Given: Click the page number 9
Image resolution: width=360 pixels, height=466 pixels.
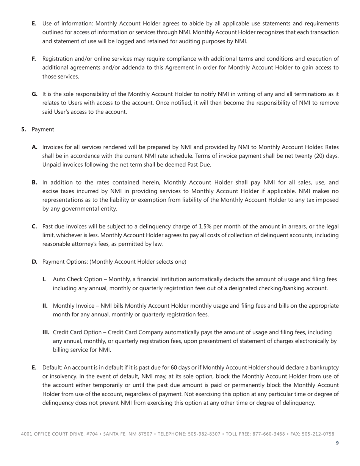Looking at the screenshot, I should [337, 443].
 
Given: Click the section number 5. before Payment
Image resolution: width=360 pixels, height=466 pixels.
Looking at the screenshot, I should [24, 129].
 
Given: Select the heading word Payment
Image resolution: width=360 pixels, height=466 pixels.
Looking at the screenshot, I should [43, 129].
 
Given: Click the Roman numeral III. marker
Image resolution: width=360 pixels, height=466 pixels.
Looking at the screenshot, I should [46, 332].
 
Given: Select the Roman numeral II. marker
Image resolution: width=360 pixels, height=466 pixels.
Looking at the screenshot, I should [45, 306].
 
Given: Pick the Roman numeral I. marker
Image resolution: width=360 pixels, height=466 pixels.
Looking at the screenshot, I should [44, 279].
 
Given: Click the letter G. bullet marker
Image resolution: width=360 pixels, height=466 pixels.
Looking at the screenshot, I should [34, 94].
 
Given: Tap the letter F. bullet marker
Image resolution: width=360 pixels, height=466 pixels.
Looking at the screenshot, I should [34, 59].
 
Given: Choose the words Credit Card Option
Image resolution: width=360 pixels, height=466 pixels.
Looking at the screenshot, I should [78, 332].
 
